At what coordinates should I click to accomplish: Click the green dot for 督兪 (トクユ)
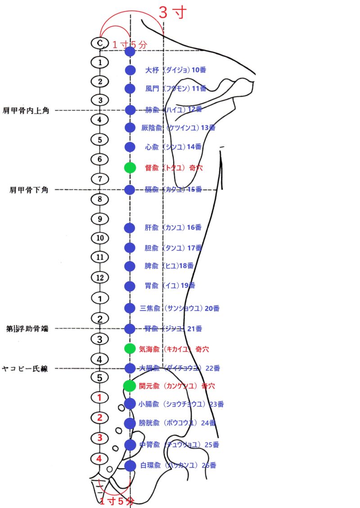tap(130, 168)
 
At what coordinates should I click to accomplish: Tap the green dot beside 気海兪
tap(130, 348)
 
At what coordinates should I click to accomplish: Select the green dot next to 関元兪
tap(130, 385)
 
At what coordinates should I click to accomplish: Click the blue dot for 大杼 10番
tap(130, 70)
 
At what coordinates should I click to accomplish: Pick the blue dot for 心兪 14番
tap(130, 147)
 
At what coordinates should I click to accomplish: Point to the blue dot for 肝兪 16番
tap(130, 227)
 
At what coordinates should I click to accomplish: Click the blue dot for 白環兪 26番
tap(130, 465)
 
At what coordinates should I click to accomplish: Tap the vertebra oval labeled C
tap(100, 43)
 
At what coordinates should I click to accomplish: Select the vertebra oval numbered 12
tap(100, 277)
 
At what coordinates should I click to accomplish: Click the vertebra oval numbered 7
tap(100, 179)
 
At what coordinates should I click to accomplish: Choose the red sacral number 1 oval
tap(100, 397)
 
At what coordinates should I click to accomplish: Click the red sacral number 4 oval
tap(100, 459)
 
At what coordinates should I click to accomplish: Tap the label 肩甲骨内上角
tap(32, 110)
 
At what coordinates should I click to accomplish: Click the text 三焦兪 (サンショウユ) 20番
tap(180, 308)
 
